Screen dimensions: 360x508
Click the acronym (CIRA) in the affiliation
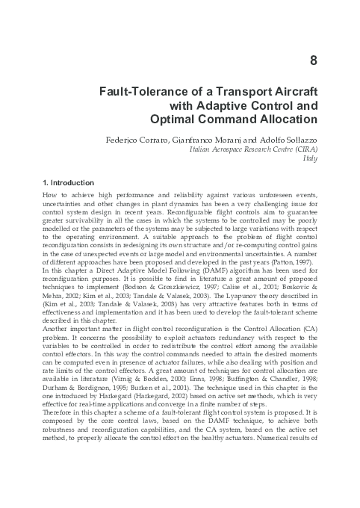click(303, 149)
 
